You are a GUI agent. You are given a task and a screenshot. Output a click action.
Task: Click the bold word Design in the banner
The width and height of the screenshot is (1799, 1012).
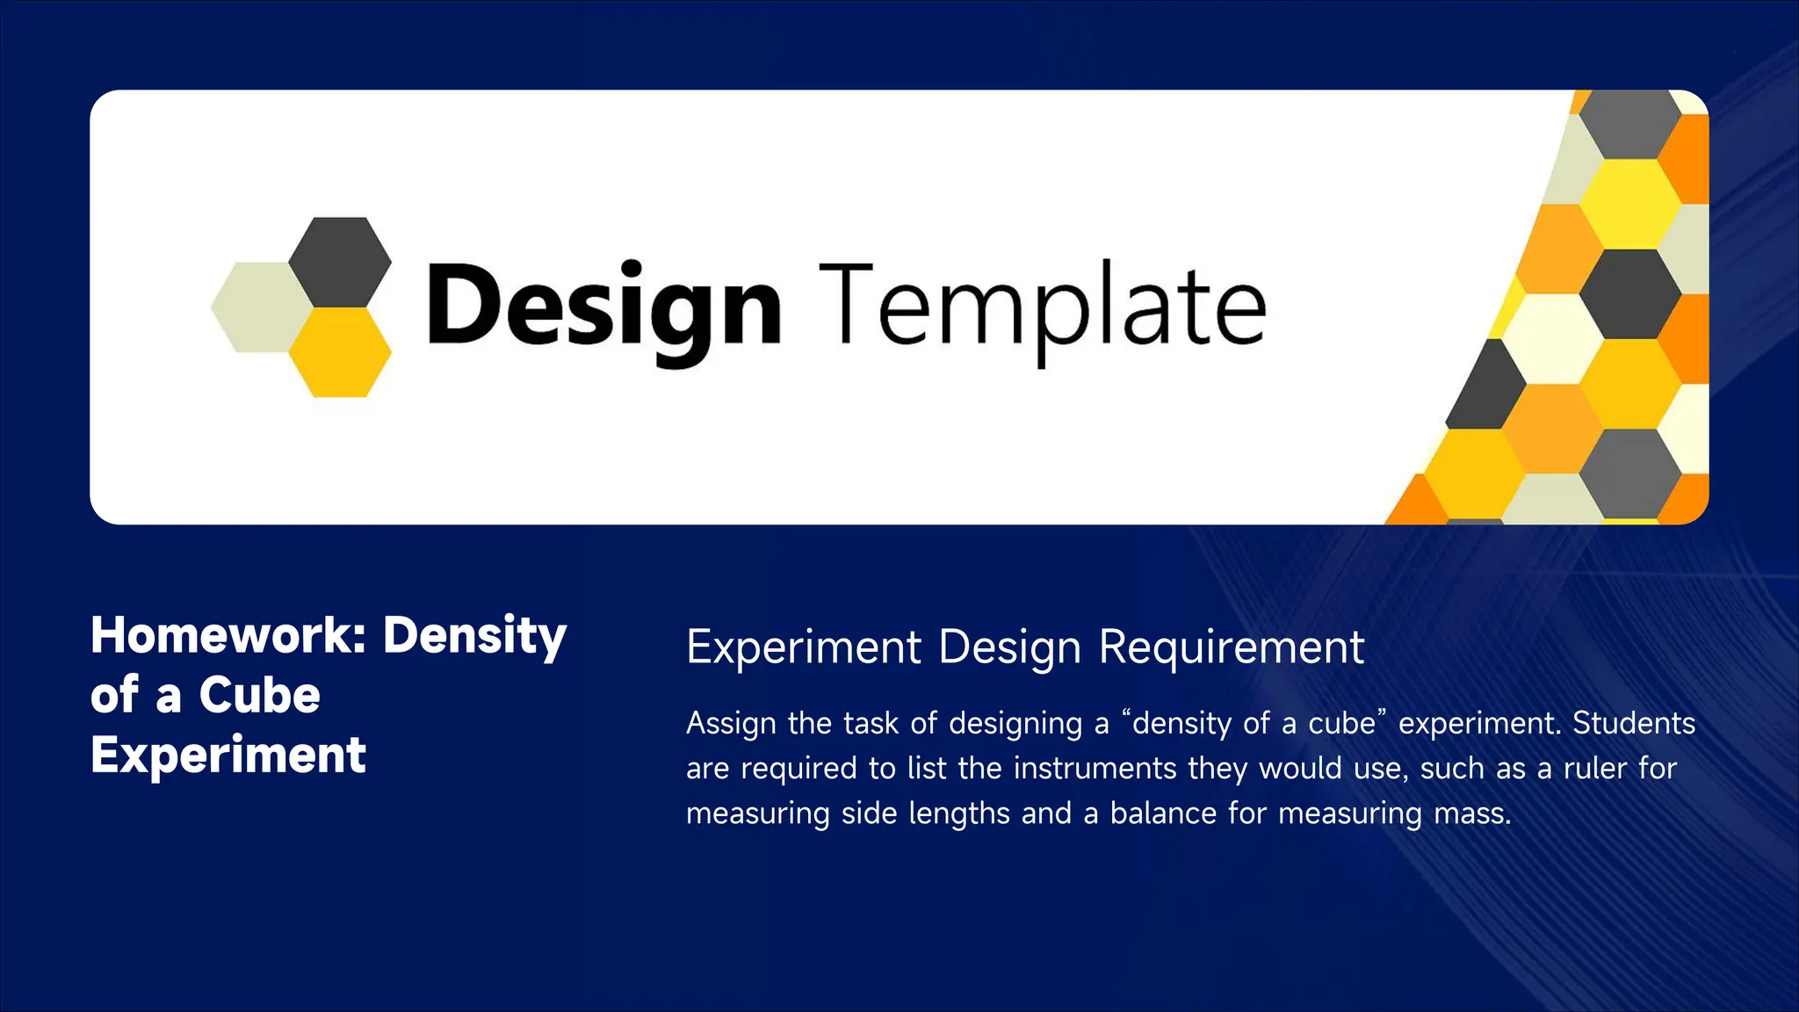[603, 307]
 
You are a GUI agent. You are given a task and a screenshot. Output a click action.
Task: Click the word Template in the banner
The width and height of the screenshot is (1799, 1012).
[1043, 307]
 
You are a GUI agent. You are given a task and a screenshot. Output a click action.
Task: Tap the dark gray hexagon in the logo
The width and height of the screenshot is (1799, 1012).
[340, 262]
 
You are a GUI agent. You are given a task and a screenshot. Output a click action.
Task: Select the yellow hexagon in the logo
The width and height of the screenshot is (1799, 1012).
[340, 351]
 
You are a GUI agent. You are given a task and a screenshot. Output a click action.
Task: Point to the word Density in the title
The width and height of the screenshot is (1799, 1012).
[474, 636]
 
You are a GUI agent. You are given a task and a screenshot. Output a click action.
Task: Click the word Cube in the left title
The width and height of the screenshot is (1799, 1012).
[259, 695]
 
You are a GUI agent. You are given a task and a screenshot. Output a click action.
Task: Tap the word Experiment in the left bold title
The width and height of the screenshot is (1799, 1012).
[228, 755]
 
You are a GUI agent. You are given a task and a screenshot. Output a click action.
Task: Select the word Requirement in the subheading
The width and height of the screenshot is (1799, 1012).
[1232, 647]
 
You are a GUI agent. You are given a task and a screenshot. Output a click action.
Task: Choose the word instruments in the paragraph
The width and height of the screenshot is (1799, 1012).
[1095, 769]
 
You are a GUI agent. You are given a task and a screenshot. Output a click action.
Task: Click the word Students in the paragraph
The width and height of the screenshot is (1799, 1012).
[1633, 723]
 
